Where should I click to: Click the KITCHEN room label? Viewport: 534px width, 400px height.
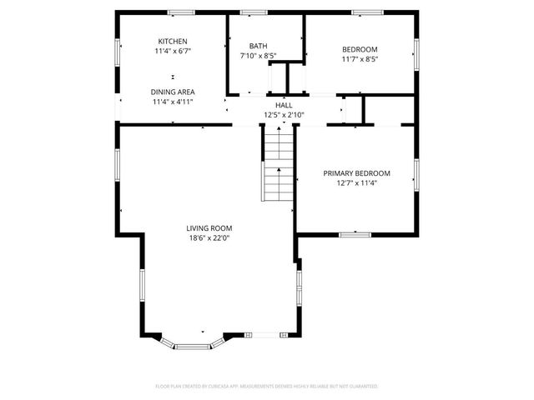(173, 42)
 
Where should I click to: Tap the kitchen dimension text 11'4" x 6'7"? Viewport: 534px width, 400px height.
(173, 52)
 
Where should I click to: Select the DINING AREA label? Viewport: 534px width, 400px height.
(173, 92)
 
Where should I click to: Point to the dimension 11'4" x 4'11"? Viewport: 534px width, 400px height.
(173, 102)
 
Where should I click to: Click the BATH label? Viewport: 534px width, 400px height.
(258, 46)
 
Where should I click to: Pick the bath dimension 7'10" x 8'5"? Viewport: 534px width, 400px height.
(258, 56)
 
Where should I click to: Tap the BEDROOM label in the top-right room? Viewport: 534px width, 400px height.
(360, 49)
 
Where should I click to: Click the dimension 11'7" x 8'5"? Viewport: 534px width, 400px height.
(360, 59)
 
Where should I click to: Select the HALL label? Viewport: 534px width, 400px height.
(285, 105)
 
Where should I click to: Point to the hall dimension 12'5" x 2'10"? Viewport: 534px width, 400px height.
(285, 115)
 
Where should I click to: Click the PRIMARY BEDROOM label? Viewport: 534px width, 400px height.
(356, 173)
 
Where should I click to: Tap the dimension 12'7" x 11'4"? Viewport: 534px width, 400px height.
(356, 183)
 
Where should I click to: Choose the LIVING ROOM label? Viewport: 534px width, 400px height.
(209, 227)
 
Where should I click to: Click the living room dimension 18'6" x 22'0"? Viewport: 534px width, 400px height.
(209, 237)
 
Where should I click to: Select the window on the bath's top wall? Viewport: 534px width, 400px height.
(254, 12)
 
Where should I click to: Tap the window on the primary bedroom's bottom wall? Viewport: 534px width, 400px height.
(355, 234)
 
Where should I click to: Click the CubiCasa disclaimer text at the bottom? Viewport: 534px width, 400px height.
(267, 387)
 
